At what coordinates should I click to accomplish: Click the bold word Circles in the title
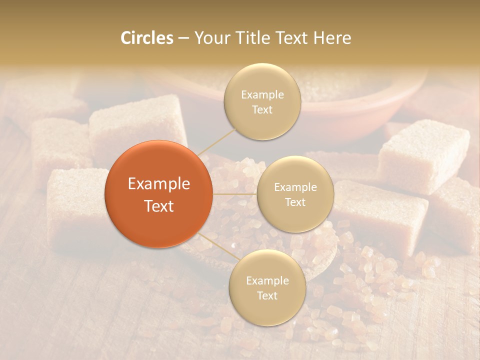pos(146,38)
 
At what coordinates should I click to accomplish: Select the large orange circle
pos(158,194)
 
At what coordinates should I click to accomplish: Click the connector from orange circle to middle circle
pos(235,194)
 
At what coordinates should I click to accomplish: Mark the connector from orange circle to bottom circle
pos(217,246)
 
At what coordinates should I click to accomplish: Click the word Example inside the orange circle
pos(158,184)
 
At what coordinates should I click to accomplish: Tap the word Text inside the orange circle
pos(158,206)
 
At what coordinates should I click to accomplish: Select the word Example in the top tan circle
pos(262,95)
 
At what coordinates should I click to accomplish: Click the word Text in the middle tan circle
pos(295,202)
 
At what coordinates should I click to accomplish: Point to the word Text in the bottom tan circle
pos(267,295)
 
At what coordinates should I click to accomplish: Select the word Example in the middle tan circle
pos(295,187)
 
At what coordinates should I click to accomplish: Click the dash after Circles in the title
pos(183,38)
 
